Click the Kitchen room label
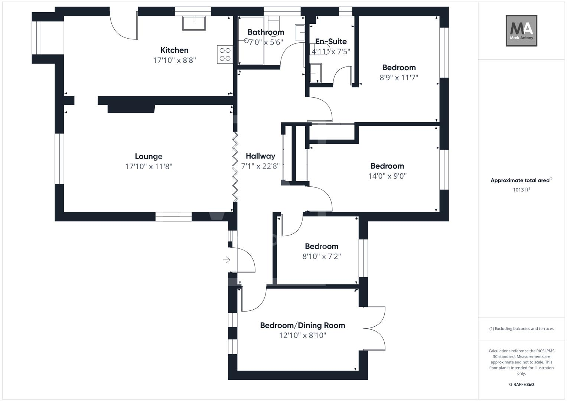(174, 50)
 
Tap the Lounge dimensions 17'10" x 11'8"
(149, 167)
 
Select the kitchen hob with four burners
(225, 55)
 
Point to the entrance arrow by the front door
(226, 260)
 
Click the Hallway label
(260, 156)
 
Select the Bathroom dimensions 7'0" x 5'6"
(265, 42)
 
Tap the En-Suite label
(331, 42)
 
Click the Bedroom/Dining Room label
(302, 326)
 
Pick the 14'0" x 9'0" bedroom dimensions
(387, 176)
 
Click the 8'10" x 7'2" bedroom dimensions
(321, 257)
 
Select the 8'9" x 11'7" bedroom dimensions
(399, 78)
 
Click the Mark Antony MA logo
(521, 30)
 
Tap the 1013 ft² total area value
(521, 190)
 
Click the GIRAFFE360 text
(521, 385)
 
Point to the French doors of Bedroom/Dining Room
(375, 329)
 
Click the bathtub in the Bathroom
(251, 41)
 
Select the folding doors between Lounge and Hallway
(235, 167)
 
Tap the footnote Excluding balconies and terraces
(521, 329)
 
